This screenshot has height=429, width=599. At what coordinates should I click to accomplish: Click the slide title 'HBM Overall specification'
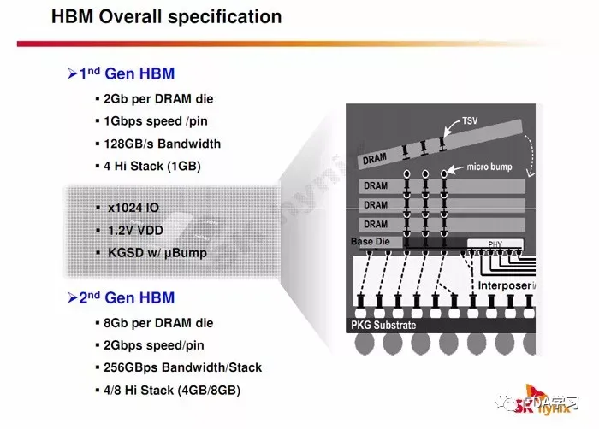[x=166, y=16]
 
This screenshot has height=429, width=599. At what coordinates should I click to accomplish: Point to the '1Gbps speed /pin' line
[x=156, y=120]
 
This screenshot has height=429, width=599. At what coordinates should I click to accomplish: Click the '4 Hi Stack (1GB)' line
[x=157, y=166]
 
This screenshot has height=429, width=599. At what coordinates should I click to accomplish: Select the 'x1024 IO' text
[x=133, y=208]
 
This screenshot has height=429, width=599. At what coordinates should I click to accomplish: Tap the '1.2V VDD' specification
[x=136, y=229]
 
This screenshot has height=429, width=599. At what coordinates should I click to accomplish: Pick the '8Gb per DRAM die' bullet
[x=158, y=323]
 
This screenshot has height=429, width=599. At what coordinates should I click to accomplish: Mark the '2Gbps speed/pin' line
[x=154, y=345]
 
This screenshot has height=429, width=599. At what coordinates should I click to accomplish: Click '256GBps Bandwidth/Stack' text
[x=182, y=367]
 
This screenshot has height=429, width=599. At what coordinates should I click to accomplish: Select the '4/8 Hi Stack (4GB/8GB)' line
[x=172, y=390]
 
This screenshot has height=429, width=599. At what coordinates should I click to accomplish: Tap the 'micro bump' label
[x=489, y=167]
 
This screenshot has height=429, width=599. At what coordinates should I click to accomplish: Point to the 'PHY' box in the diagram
[x=495, y=244]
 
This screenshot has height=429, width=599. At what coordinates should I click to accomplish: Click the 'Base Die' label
[x=370, y=243]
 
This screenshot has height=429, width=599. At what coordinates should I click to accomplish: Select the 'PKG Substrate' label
[x=383, y=325]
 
